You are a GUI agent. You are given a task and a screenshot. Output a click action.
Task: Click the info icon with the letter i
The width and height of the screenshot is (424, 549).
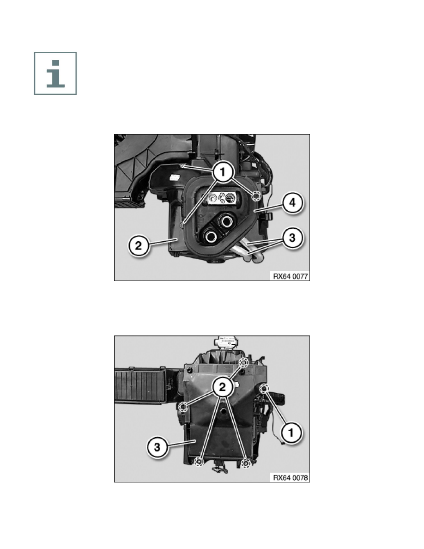[x=55, y=73]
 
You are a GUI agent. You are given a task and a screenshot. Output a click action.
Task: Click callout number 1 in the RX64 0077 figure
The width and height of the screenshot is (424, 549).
[x=222, y=172]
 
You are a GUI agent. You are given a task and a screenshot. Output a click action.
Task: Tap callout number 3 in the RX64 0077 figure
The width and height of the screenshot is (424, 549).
[x=292, y=238]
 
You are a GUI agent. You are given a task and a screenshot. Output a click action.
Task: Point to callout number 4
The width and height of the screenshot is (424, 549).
[x=292, y=203]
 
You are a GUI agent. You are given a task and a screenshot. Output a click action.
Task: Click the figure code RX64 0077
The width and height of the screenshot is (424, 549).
[x=291, y=276]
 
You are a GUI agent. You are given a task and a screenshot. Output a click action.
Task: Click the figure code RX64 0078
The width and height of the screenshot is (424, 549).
[x=291, y=477]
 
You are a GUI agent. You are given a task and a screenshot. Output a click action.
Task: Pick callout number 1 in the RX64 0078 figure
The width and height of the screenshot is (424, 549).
[x=291, y=433]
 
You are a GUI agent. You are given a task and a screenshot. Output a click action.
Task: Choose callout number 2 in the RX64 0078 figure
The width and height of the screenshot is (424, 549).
[x=222, y=387]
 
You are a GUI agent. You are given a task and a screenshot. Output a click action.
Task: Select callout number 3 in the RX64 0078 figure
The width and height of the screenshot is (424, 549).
[x=157, y=447]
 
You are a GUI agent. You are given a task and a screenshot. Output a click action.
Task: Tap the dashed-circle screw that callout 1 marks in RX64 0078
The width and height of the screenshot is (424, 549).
[x=264, y=388]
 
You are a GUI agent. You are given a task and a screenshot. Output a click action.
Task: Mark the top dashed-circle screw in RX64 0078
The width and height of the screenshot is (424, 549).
[x=244, y=363]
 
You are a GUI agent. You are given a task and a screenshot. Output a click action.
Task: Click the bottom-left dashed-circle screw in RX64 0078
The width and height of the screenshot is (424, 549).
[x=199, y=462]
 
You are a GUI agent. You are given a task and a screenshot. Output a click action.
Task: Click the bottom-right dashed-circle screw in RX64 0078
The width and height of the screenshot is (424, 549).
[x=246, y=464]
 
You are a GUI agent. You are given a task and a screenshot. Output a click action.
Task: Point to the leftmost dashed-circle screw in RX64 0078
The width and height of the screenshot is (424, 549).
[x=183, y=407]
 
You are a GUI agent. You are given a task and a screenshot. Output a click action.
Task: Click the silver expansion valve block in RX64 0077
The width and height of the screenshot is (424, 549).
[x=221, y=199]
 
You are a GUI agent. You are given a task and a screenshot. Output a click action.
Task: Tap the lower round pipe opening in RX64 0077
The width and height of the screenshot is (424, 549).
[x=211, y=236]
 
